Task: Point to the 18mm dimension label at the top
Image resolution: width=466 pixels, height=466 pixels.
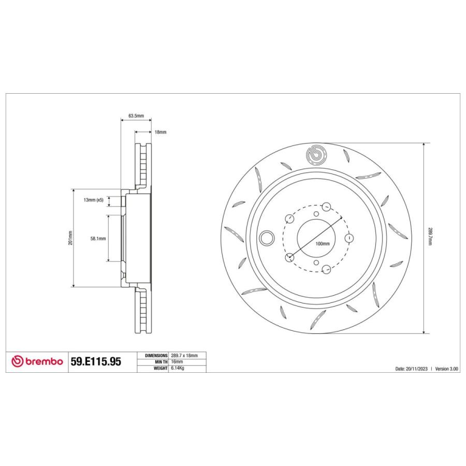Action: pyautogui.click(x=161, y=133)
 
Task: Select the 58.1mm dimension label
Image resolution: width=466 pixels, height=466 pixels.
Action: pyautogui.click(x=98, y=239)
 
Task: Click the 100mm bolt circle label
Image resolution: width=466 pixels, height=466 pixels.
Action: pyautogui.click(x=322, y=243)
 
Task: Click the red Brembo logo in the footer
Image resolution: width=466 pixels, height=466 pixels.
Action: pyautogui.click(x=37, y=362)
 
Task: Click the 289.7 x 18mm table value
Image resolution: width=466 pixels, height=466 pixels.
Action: pyautogui.click(x=184, y=356)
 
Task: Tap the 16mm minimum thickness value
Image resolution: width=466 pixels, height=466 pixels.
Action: pyautogui.click(x=177, y=361)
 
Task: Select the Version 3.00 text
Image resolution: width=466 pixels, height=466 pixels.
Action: pyautogui.click(x=447, y=369)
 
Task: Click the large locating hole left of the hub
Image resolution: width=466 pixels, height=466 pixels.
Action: pyautogui.click(x=267, y=238)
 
